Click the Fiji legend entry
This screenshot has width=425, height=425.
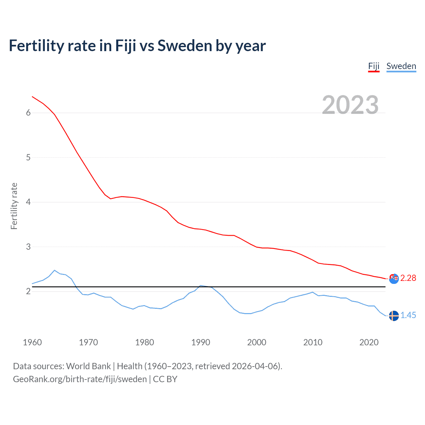tap(374, 66)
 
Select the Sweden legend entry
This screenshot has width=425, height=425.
tap(401, 66)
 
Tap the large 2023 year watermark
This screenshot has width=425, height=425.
tap(350, 105)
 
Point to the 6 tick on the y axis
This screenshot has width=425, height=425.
tap(28, 113)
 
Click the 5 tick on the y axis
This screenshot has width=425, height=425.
tap(28, 157)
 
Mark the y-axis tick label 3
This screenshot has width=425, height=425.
tap(28, 247)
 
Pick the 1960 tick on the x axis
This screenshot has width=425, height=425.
tap(32, 342)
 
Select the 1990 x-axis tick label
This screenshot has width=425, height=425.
tap(201, 342)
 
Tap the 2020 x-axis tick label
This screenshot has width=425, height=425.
tap(369, 342)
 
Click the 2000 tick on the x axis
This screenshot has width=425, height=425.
tap(257, 342)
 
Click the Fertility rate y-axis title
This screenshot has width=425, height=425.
tap(14, 206)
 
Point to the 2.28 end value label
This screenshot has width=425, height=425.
tap(408, 278)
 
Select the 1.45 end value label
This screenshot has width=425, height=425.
tap(408, 315)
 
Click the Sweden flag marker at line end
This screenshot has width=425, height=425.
tap(394, 316)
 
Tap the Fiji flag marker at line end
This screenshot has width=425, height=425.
tap(394, 279)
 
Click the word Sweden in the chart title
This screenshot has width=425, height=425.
tap(185, 46)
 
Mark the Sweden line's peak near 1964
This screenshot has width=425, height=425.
tap(54, 270)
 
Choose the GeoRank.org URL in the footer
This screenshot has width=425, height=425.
tap(80, 379)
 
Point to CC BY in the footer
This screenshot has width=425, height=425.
tap(165, 379)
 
